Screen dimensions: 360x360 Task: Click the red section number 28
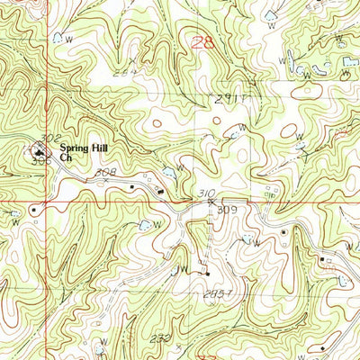[x=204, y=41]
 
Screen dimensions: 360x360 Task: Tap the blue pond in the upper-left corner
[x=58, y=37]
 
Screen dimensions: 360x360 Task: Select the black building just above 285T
[x=207, y=273]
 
